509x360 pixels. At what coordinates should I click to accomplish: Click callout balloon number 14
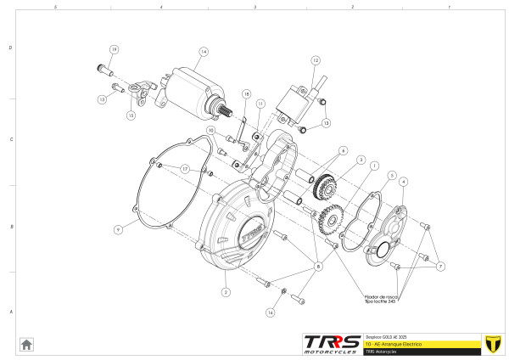(x=204, y=52)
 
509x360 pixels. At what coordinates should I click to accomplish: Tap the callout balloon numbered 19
(x=115, y=49)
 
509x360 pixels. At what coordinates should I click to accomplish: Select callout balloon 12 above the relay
(x=315, y=61)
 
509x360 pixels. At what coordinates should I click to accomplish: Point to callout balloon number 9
(x=119, y=229)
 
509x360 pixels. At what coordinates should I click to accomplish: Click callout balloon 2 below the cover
(x=226, y=292)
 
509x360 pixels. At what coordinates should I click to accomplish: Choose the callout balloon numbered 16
(x=271, y=312)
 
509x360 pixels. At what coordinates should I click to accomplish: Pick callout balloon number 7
(x=441, y=267)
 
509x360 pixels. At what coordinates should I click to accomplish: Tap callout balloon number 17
(x=183, y=169)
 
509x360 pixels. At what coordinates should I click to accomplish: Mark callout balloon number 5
(x=392, y=176)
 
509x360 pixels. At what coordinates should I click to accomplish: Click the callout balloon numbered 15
(x=131, y=115)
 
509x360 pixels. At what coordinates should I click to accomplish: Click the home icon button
(x=26, y=344)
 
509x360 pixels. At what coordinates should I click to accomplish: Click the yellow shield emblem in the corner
(x=490, y=343)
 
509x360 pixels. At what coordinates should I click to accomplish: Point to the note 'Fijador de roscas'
(x=382, y=298)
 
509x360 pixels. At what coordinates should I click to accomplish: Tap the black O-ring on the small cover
(x=379, y=250)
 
